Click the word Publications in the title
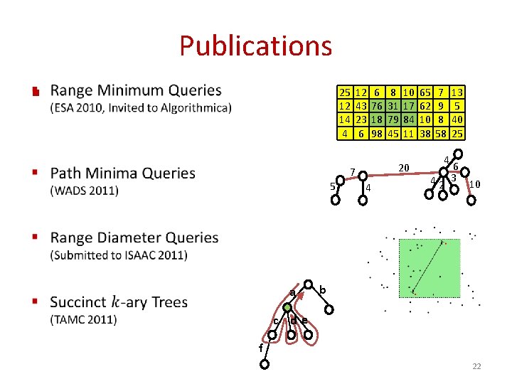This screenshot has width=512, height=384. coord(255,46)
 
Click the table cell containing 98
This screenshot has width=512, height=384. coord(377,133)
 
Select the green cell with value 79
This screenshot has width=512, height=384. coord(393,119)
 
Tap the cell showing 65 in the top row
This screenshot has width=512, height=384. coord(425,92)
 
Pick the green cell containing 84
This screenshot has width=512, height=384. coord(409,119)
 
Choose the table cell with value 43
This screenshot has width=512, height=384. coord(361,106)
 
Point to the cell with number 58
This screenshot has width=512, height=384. coord(442,133)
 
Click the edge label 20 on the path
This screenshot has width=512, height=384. coord(404,168)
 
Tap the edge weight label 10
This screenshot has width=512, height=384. coord(475,185)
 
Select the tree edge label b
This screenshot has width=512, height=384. coord(323,290)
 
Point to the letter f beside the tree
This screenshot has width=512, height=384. coord(260,348)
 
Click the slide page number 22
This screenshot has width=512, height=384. coord(476,366)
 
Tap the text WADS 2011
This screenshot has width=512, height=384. coord(85,190)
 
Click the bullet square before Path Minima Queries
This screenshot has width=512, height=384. coord(35,173)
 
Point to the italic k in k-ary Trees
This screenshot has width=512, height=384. coord(115,302)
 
